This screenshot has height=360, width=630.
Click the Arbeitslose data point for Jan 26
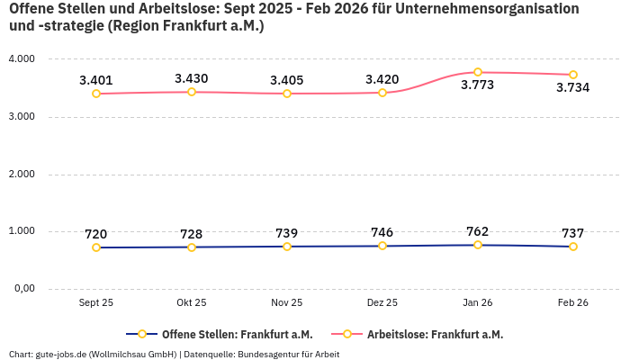tap(478, 72)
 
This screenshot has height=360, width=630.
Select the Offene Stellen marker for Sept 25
tap(96, 247)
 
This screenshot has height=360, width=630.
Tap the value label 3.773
tap(478, 85)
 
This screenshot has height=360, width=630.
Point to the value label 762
tap(478, 232)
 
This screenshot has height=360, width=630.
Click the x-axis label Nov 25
tap(287, 303)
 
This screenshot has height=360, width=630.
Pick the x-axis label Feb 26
tap(573, 303)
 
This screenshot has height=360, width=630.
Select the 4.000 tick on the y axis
tap(21, 58)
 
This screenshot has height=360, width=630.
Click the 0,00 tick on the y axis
tap(22, 288)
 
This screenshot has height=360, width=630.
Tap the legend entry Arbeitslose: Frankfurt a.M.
tap(435, 334)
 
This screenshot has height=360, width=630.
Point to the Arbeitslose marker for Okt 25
tap(192, 92)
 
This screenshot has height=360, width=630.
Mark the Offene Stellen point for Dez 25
tap(382, 246)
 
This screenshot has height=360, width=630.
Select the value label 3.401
tap(96, 80)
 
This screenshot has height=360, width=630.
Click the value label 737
tap(573, 233)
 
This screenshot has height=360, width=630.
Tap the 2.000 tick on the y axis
tap(21, 174)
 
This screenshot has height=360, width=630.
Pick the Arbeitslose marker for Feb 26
tap(573, 75)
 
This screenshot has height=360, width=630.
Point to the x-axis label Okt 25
tap(192, 303)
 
